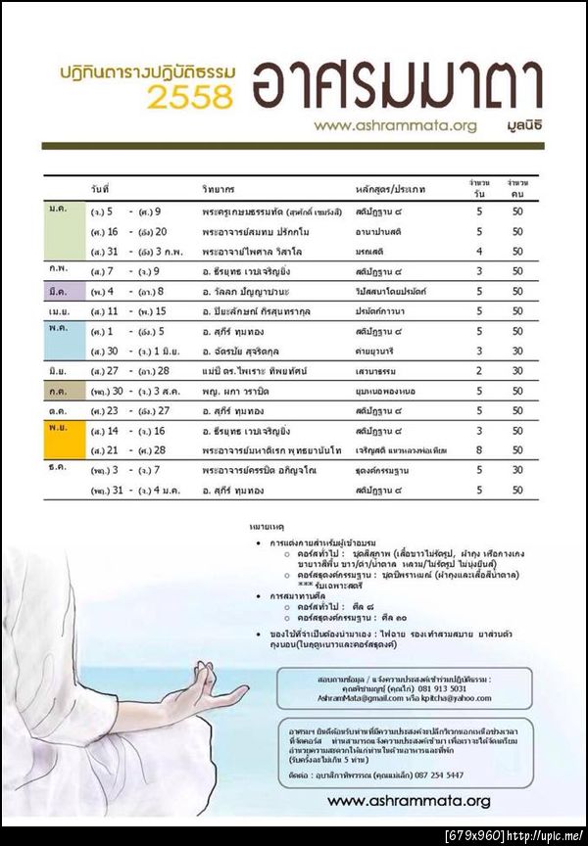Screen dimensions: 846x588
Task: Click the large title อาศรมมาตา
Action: point(396,86)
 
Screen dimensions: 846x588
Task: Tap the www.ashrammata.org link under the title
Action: point(395,125)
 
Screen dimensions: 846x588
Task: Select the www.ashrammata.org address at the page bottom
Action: point(409,801)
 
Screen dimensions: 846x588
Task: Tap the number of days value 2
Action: point(479,371)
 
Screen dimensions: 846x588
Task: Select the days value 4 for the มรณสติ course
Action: point(479,251)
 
